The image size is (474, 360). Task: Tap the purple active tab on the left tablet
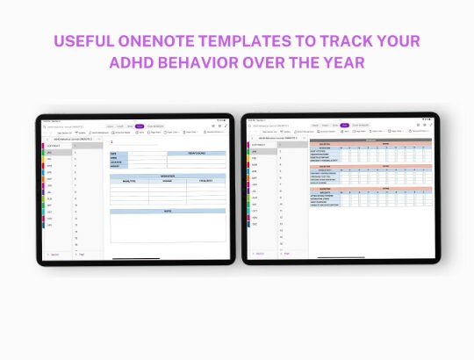(x=139, y=126)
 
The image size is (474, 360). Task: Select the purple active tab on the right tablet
(x=346, y=126)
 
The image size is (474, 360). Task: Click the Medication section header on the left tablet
(x=167, y=176)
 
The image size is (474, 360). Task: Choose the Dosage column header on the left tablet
(x=167, y=181)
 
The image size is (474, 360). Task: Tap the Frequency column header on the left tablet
(x=205, y=181)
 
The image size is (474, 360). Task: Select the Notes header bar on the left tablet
(x=167, y=212)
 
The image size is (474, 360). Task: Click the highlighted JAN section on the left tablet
(x=54, y=153)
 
